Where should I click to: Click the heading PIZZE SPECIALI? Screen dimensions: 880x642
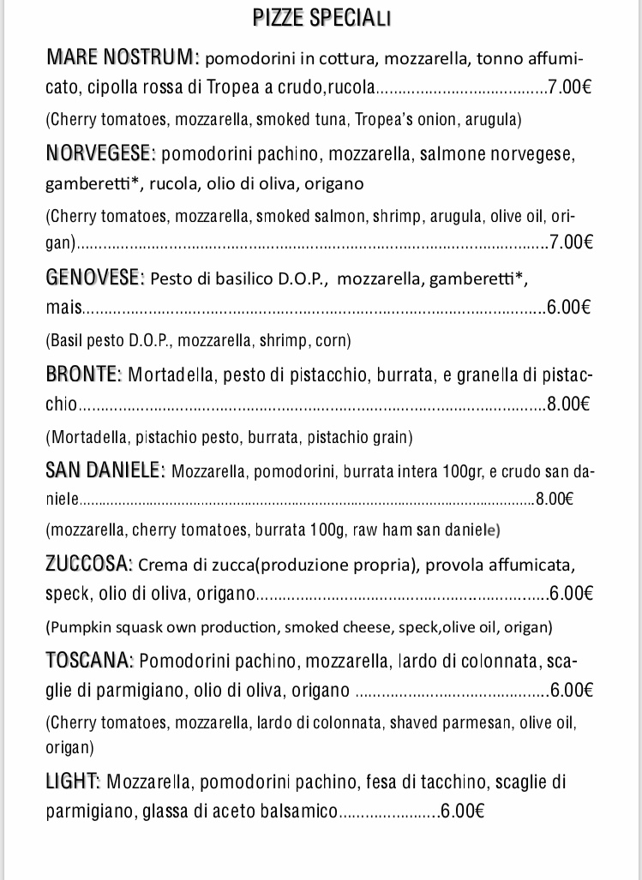coord(322,19)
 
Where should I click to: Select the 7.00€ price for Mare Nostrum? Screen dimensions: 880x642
coord(573,87)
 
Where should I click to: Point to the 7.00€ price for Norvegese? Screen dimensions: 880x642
coord(571,242)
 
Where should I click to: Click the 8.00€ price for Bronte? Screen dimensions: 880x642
coord(569,404)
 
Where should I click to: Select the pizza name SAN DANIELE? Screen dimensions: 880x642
coord(105,470)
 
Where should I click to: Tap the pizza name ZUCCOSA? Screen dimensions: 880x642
coord(88,565)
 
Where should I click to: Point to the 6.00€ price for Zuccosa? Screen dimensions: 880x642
coord(572,593)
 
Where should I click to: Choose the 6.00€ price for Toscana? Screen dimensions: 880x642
coord(572,691)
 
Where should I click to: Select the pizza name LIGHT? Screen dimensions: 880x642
coord(73,781)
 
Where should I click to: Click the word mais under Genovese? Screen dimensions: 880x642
coord(63,307)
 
